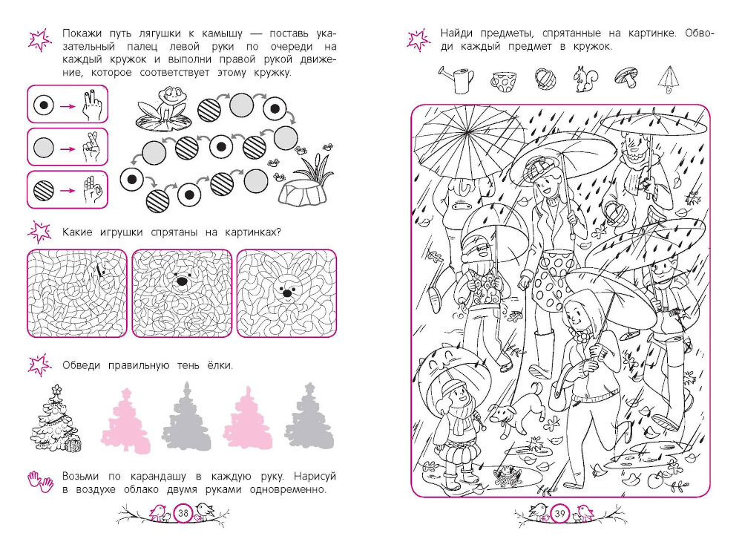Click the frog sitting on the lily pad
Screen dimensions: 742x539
click(169, 103)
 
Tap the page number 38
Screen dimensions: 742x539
click(183, 513)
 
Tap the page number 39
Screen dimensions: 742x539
click(560, 514)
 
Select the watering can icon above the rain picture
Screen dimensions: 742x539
click(456, 79)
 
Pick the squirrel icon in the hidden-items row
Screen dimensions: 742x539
click(586, 79)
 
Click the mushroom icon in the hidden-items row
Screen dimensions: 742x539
click(627, 76)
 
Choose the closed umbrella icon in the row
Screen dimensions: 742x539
click(669, 79)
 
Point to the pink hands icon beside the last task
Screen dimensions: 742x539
click(41, 481)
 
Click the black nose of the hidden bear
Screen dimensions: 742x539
click(182, 282)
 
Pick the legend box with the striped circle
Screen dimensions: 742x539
click(68, 190)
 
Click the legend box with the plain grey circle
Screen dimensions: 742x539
click(68, 147)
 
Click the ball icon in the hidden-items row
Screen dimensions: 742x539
click(545, 79)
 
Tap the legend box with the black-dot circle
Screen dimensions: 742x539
click(68, 105)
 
